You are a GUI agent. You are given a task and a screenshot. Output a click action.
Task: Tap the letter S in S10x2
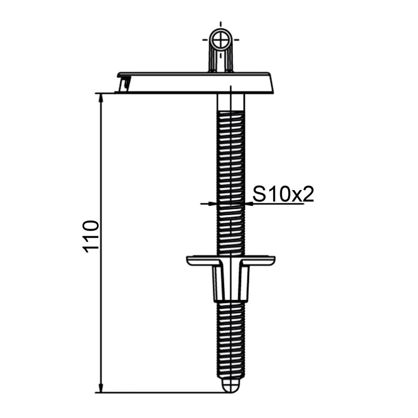coord(260,194)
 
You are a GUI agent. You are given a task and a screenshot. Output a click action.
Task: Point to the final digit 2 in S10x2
coord(308,194)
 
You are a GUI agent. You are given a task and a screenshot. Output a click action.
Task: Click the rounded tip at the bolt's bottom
coord(231,387)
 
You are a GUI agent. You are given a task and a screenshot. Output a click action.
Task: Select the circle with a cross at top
coord(221,41)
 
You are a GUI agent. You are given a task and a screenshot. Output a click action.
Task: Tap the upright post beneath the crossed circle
coord(221,61)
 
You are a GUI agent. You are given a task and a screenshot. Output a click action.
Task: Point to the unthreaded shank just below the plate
coord(231,101)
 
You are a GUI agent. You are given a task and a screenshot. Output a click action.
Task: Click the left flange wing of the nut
coord(201,261)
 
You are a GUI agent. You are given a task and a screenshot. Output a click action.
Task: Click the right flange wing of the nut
coord(259,261)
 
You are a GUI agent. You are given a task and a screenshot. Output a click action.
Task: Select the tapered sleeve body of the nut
coord(231,282)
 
